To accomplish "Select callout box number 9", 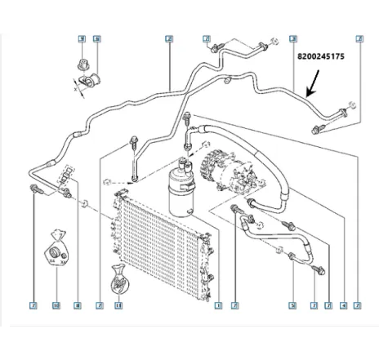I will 81,39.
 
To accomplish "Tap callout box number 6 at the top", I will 96,39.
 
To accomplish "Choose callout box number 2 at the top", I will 168,39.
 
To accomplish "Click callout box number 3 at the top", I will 292,39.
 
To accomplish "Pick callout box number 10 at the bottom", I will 56,307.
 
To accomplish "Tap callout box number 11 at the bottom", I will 118,307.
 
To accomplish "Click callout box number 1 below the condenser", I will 218,307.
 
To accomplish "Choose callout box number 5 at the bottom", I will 292,307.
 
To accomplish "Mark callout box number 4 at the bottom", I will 343,307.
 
